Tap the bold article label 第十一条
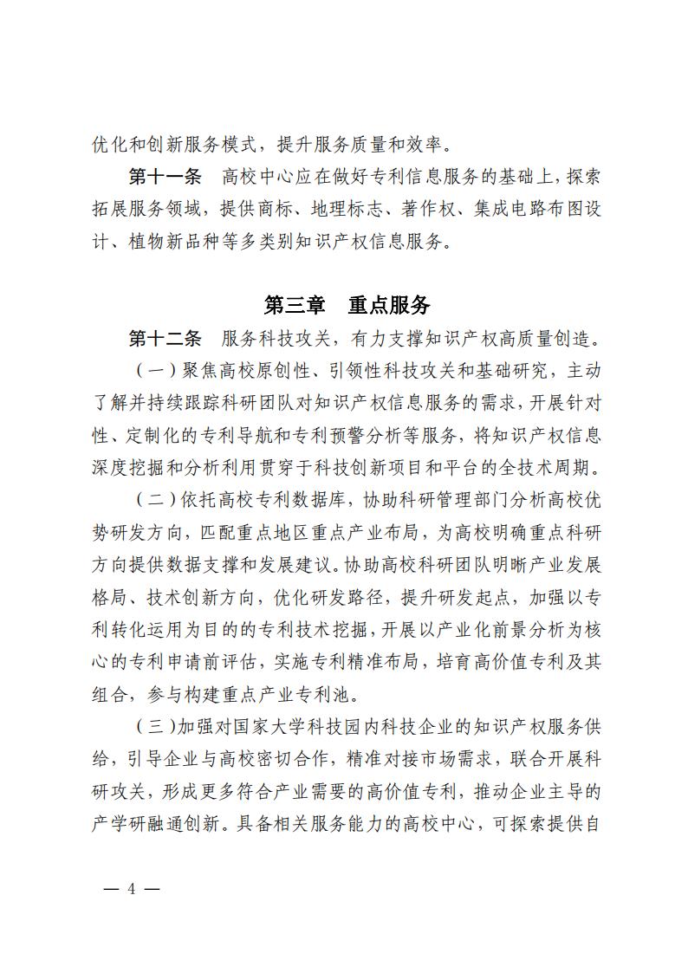[x=165, y=178]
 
